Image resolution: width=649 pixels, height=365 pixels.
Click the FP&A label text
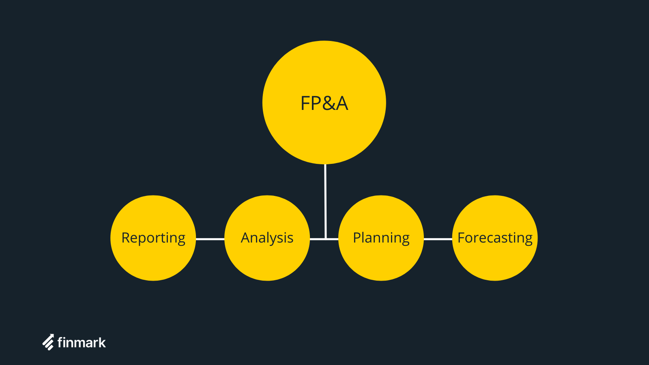[x=324, y=103]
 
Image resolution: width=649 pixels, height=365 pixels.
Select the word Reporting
[x=153, y=238]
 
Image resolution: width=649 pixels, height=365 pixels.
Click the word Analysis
[x=267, y=238]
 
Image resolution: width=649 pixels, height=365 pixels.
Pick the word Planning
[x=381, y=238]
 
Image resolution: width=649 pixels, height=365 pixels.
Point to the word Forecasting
[x=495, y=238]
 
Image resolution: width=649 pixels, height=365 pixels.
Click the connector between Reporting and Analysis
[x=210, y=239]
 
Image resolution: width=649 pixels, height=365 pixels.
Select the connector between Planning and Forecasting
[x=438, y=239]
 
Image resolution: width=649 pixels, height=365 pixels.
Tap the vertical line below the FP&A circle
[x=325, y=199]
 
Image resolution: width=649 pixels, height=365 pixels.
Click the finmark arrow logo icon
[x=48, y=342]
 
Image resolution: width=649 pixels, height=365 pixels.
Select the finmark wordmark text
[x=82, y=343]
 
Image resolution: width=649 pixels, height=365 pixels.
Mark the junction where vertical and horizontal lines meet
[x=326, y=239]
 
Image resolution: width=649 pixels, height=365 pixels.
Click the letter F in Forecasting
[x=461, y=238]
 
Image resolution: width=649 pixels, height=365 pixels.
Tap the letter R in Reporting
[x=125, y=238]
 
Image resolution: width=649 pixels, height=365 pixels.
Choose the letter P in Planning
[x=356, y=238]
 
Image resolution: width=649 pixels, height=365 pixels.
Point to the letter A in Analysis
[x=245, y=238]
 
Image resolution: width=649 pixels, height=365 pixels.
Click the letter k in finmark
[x=102, y=343]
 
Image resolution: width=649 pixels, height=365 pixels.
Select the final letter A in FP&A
[x=342, y=104]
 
